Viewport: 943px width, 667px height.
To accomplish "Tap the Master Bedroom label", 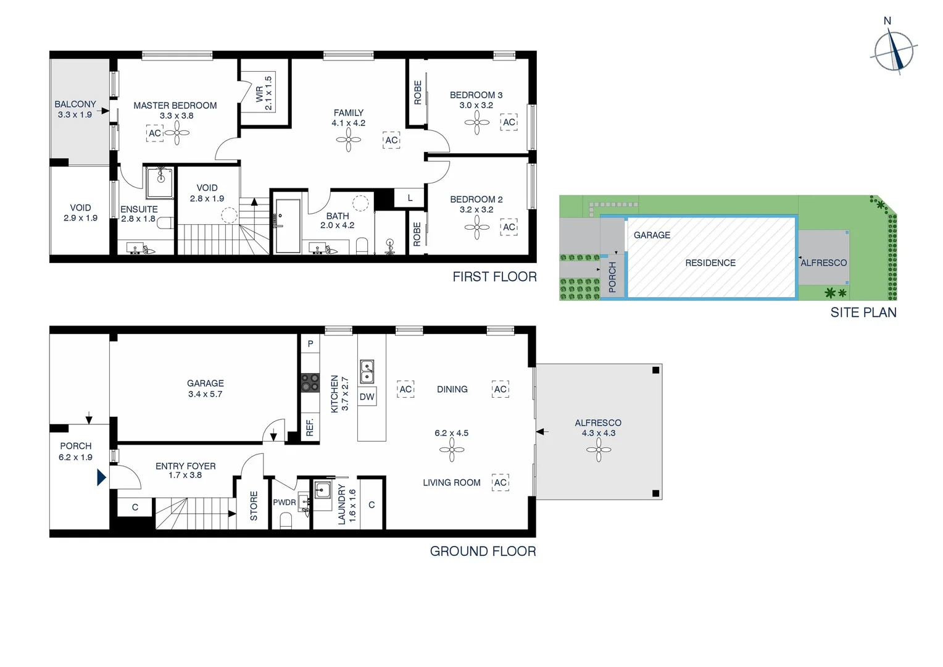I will pos(175,106).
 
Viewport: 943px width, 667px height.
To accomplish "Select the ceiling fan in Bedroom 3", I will pos(476,122).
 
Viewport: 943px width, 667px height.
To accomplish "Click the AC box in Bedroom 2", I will pos(509,227).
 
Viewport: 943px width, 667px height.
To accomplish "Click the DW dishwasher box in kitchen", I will pos(367,397).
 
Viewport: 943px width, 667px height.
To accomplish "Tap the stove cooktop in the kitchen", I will pos(310,383).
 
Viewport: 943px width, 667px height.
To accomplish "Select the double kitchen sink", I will pos(367,371).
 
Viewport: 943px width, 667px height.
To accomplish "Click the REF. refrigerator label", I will pos(310,427).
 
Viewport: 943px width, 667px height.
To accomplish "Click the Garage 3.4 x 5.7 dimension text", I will pos(205,394).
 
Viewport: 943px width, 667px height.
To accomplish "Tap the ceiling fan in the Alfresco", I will pos(598,450).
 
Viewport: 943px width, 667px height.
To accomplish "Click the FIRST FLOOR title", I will pos(494,277).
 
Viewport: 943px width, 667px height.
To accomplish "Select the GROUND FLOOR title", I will pos(483,551).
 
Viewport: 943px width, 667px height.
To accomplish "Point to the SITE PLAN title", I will pos(863,313).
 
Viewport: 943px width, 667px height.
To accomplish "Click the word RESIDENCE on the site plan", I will pos(710,263).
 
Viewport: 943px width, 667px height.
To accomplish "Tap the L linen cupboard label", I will pos(410,198).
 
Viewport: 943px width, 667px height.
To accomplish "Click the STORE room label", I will pos(254,506).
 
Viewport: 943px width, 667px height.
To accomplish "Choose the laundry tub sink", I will pos(322,490).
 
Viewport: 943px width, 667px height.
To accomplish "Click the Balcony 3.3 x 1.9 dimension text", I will pos(75,115).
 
